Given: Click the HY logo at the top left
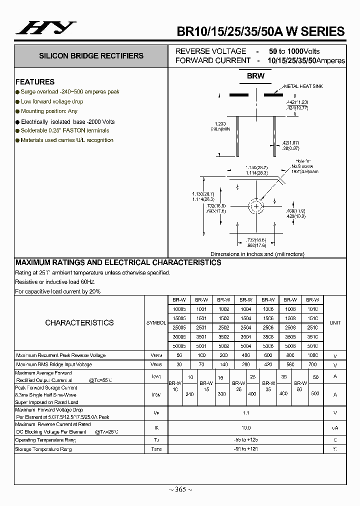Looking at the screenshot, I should [x=46, y=28].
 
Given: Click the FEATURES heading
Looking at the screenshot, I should [x=35, y=81].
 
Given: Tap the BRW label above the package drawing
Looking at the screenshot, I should [x=255, y=76].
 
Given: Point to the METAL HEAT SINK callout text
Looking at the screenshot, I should [x=303, y=86].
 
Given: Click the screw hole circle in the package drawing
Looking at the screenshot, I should [x=256, y=206].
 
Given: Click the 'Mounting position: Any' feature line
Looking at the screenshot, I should [x=49, y=111].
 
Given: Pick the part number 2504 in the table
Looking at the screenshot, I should [x=245, y=327].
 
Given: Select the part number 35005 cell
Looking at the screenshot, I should [x=179, y=336].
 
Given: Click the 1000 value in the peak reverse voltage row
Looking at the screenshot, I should [x=312, y=355].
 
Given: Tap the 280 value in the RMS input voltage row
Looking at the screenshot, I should [x=245, y=364].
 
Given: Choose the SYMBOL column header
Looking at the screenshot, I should [x=156, y=323].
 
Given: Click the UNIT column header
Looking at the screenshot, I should [x=335, y=323].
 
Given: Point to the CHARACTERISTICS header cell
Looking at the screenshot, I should [x=79, y=323].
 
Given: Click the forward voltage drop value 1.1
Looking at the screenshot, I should [x=245, y=413].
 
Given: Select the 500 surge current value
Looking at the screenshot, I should [x=315, y=394].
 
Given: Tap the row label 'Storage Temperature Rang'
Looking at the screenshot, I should [x=44, y=449].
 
